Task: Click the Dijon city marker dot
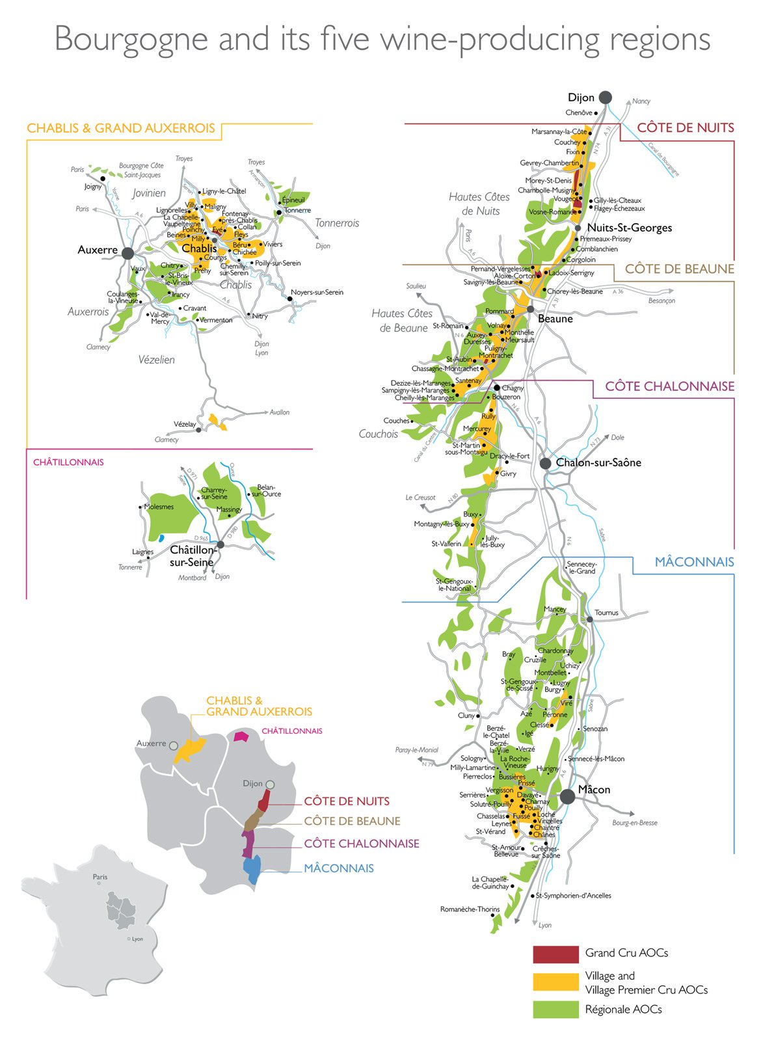pos(605,98)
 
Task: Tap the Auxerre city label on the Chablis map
pos(98,250)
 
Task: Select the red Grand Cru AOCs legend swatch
pos(555,954)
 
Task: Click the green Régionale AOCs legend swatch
pos(555,1010)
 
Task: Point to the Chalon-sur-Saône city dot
pos(546,463)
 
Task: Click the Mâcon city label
pos(594,790)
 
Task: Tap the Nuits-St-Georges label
pos(629,228)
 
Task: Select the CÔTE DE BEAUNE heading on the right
pos(679,269)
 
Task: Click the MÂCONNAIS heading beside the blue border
pos(694,562)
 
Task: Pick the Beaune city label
pos(555,319)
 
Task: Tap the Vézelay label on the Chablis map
pos(185,424)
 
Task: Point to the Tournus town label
pos(606,613)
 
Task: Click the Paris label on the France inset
pos(100,877)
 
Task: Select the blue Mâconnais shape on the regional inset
pos(252,868)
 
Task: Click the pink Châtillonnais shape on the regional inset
pos(241,736)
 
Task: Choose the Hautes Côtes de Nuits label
pos(479,204)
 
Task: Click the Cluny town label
pos(466,716)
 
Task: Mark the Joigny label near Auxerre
pos(93,187)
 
